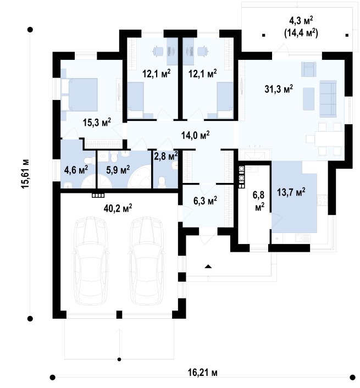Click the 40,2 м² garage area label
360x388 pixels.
[x=118, y=208]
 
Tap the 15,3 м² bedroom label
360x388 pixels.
[x=97, y=122]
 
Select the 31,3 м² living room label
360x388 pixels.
[x=279, y=88]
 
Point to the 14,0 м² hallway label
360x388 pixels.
[x=196, y=135]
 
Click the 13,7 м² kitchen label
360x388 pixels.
[x=291, y=192]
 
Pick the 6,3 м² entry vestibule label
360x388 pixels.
[x=205, y=201]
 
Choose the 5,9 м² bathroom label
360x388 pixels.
[x=118, y=170]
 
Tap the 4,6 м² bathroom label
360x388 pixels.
[x=76, y=170]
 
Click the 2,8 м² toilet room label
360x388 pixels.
[x=166, y=156]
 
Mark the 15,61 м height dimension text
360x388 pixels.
[x=25, y=174]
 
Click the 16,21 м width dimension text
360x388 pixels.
[x=203, y=372]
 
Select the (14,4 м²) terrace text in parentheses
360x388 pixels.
[x=301, y=32]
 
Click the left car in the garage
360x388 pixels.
[x=91, y=261]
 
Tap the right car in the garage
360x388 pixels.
[x=147, y=261]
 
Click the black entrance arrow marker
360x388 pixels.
[x=208, y=267]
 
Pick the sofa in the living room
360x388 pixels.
[x=328, y=98]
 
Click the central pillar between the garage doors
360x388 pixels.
[x=119, y=314]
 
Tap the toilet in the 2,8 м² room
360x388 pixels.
[x=162, y=182]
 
